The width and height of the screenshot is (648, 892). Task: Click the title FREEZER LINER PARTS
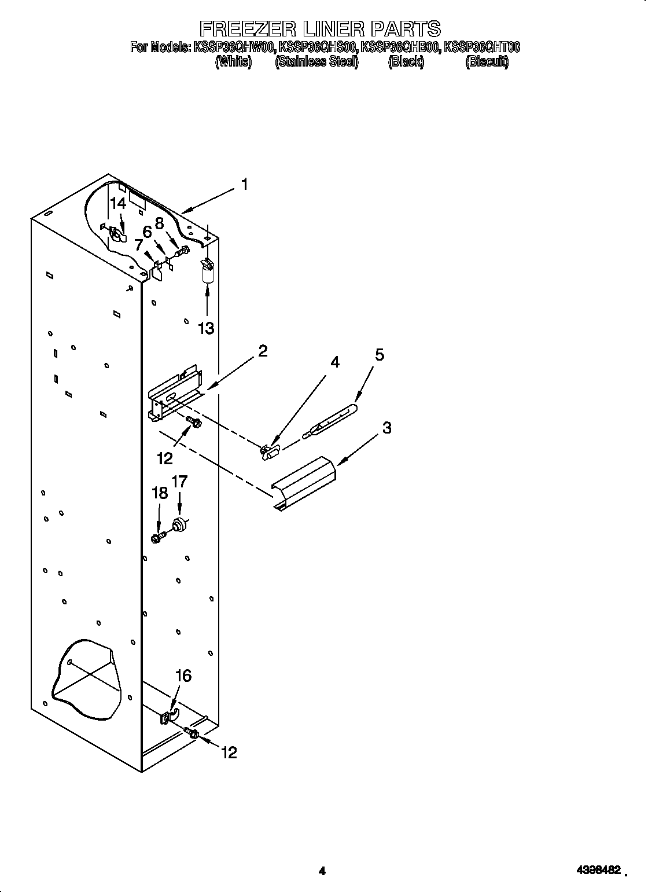[320, 29]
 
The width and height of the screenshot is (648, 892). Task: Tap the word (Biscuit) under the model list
[487, 63]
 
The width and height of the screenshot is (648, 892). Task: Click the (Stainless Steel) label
[316, 63]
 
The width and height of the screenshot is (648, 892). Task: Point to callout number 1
[245, 185]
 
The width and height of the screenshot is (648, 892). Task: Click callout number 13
[206, 328]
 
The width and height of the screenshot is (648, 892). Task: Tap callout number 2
[263, 351]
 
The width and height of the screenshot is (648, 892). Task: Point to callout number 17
[179, 481]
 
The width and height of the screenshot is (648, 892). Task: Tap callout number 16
[183, 676]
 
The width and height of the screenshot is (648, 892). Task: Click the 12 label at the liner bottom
[229, 752]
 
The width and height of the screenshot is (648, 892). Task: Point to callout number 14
[118, 203]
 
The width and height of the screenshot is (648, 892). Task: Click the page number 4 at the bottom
[323, 870]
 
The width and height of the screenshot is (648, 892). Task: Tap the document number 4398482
[598, 870]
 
